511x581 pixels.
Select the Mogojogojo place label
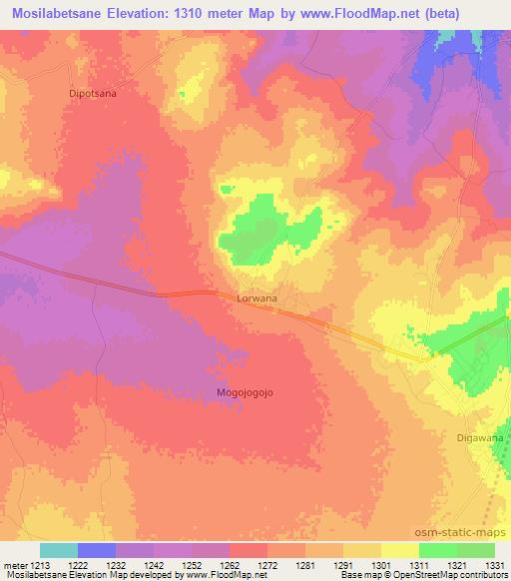click(x=245, y=392)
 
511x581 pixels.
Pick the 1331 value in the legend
click(x=492, y=564)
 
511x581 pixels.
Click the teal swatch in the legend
click(x=59, y=550)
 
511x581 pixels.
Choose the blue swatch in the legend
click(x=97, y=550)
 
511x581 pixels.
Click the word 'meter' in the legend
click(x=14, y=564)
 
